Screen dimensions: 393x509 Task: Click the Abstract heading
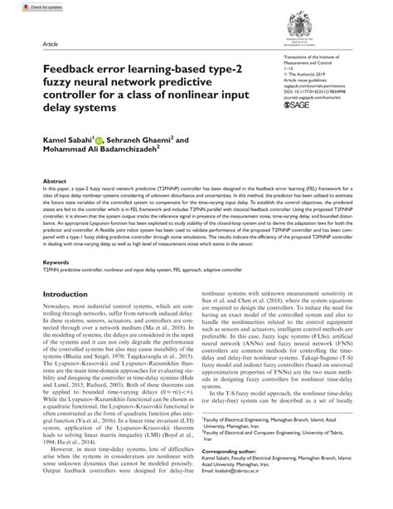coord(54,179)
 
